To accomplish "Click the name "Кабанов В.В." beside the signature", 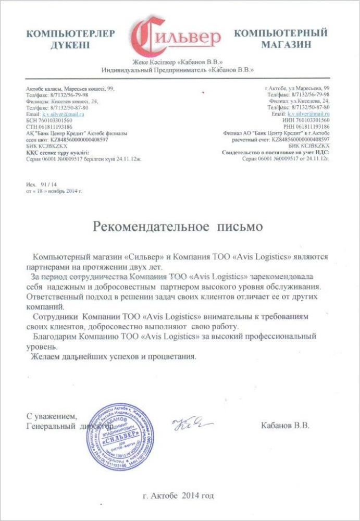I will pyautogui.click(x=285, y=426).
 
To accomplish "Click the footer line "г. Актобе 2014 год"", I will pyautogui.click(x=178, y=495).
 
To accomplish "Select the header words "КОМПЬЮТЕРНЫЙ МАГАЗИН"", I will pyautogui.click(x=281, y=39).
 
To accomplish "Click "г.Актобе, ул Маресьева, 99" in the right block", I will pyautogui.click(x=296, y=89).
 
